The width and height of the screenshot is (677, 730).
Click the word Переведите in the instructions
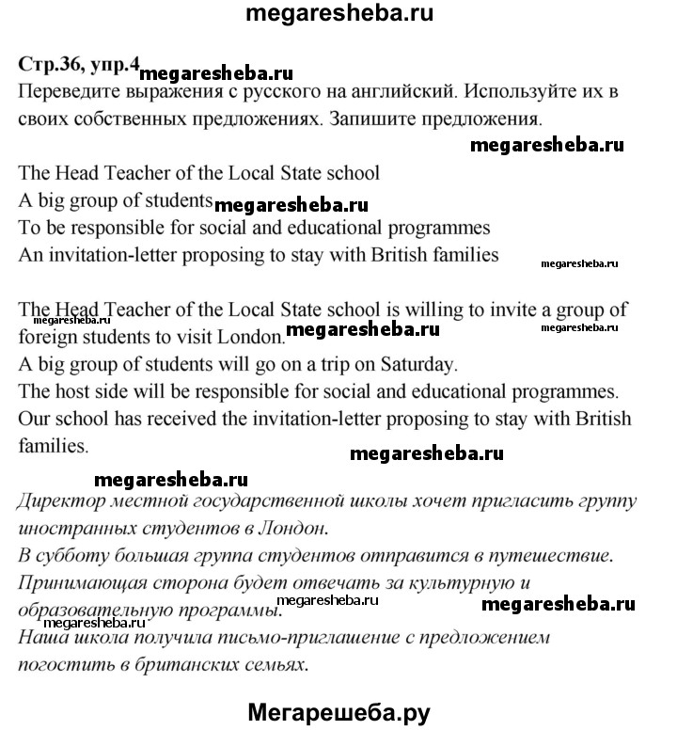coord(65,94)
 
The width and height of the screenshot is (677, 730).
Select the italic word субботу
coord(77,556)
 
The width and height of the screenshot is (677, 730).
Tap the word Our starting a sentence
coord(35,416)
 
